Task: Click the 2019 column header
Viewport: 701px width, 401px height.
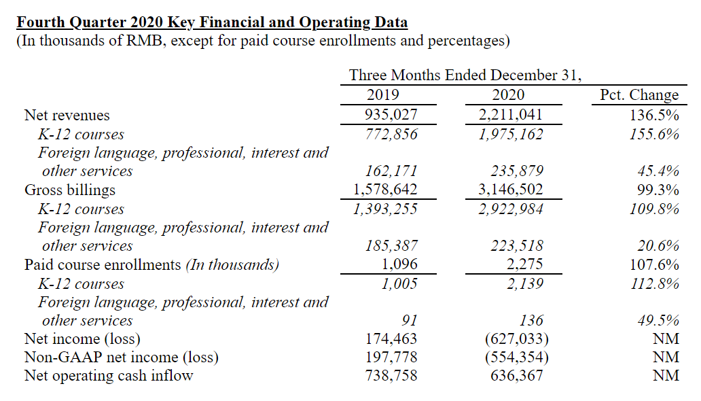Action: [382, 95]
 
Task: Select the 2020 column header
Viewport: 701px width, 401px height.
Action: [508, 95]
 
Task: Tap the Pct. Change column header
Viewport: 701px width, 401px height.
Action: [639, 95]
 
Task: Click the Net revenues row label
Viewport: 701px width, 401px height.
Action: [67, 115]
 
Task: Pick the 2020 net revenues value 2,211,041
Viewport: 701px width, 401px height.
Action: [511, 115]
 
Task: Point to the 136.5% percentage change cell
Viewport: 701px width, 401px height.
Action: [654, 115]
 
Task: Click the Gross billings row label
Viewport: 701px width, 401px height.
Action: [70, 190]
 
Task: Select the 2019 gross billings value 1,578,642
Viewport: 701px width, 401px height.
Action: [385, 190]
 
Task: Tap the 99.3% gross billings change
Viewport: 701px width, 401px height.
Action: [658, 190]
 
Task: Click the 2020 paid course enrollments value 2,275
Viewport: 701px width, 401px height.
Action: [524, 264]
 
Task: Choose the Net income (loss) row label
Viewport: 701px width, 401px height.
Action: [82, 338]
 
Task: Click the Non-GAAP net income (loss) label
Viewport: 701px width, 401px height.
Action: [122, 357]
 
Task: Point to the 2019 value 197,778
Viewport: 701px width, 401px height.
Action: [391, 357]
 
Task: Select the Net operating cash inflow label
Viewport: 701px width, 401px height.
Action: [109, 375]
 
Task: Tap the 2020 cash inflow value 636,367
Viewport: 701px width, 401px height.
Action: [517, 375]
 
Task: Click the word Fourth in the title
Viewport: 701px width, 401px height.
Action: [41, 22]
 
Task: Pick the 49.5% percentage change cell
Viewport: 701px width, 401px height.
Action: [658, 320]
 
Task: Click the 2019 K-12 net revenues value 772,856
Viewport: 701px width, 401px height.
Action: [391, 134]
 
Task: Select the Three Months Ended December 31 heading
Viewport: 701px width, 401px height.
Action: [465, 75]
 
